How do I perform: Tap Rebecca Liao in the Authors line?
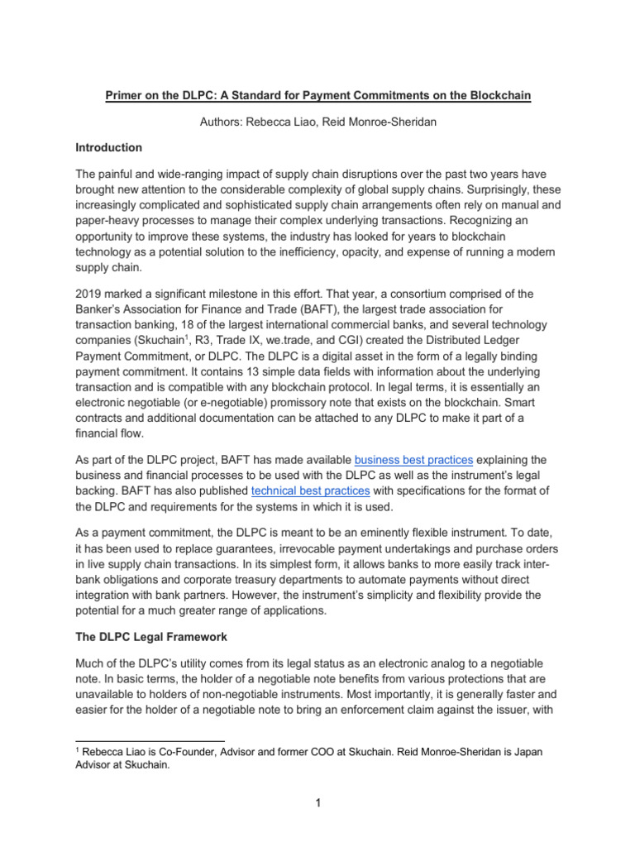tap(284, 122)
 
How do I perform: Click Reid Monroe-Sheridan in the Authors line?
tap(384, 122)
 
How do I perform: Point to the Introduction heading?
tap(109, 147)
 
